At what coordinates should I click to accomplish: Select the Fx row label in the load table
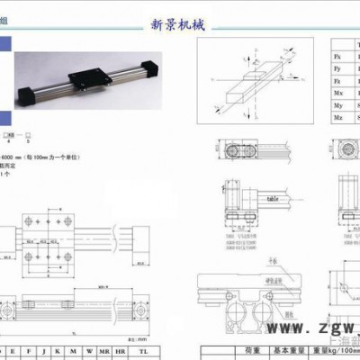(337, 56)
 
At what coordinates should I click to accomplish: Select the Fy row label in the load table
(337, 68)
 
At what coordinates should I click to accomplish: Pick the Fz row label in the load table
(337, 81)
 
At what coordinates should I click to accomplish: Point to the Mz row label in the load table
(337, 118)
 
